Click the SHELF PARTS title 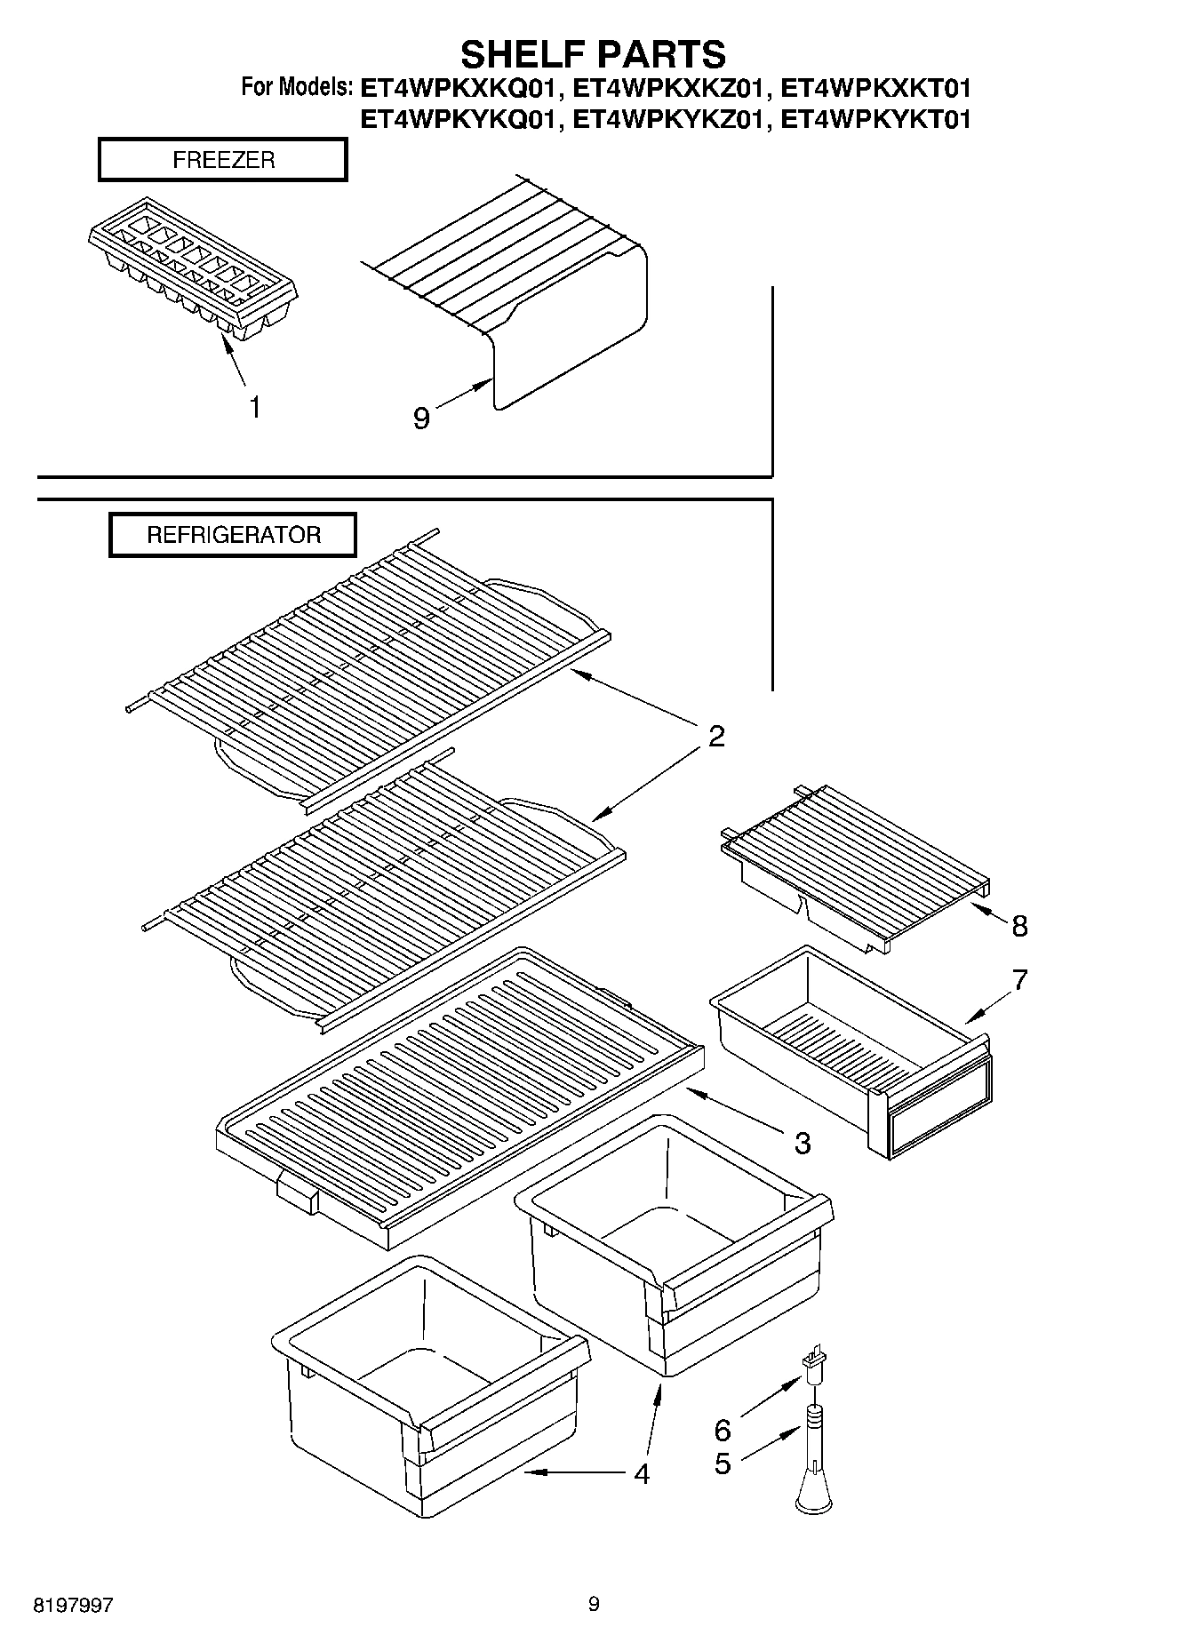[593, 55]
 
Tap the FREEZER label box [222, 161]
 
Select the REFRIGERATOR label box [233, 536]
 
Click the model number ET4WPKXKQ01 [459, 88]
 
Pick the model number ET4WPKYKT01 [875, 119]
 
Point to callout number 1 [255, 408]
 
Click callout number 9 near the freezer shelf [421, 418]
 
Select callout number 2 [716, 736]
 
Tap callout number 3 [802, 1144]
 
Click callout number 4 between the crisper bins [642, 1474]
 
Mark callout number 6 [723, 1430]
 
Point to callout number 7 [1019, 980]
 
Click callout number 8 [1019, 926]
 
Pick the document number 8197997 [73, 1606]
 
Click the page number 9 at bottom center [594, 1604]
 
